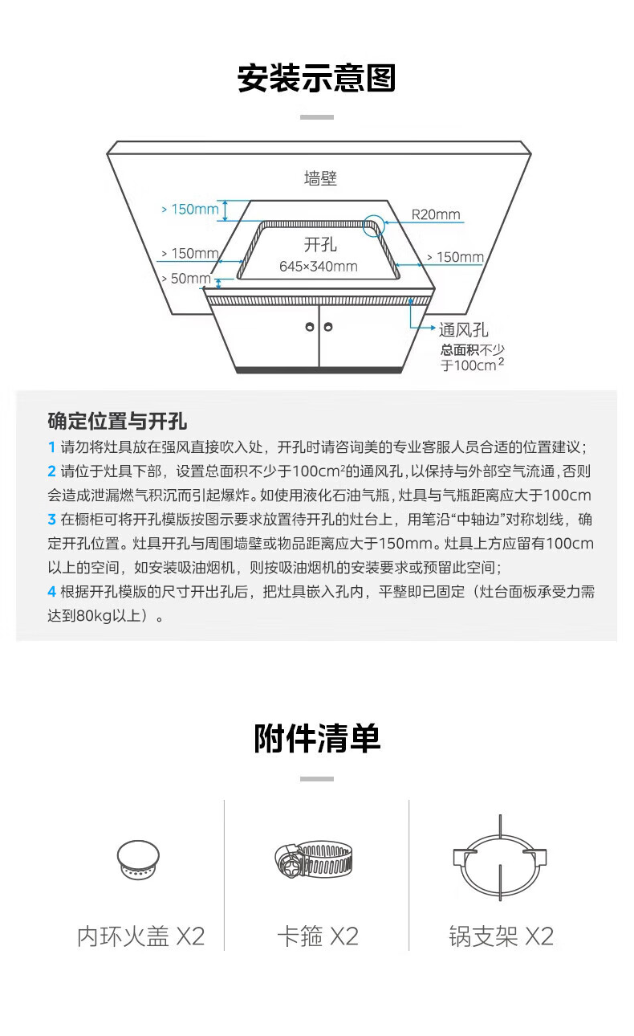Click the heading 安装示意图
tap(317, 80)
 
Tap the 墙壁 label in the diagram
tap(320, 178)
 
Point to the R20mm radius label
tap(436, 214)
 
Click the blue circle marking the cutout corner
tap(374, 224)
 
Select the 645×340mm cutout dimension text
tap(319, 266)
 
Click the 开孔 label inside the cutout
tap(320, 244)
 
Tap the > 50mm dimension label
tap(185, 279)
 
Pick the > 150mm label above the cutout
tap(189, 210)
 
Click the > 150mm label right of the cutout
tap(454, 257)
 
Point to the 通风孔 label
tap(463, 329)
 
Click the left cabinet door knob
tap(309, 327)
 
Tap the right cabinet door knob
tap(328, 327)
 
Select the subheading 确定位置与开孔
tap(117, 421)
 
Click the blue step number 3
tap(52, 520)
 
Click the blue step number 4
tap(52, 592)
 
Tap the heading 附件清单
tap(317, 738)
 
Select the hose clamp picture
tap(314, 861)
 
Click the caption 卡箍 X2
tap(317, 936)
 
